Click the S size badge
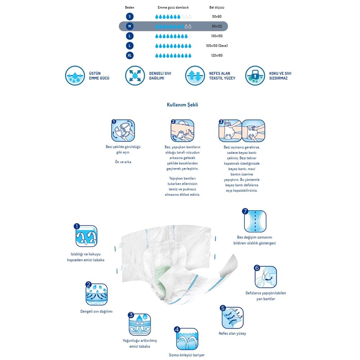(130, 17)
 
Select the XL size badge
(130, 55)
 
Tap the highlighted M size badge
(130, 26)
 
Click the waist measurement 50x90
(217, 17)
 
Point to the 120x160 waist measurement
(217, 55)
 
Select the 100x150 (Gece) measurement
(217, 46)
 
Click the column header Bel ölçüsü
(217, 7)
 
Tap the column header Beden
(130, 7)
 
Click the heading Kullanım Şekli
(182, 105)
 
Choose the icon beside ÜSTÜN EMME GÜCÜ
(75, 76)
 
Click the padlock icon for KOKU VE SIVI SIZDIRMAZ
(255, 76)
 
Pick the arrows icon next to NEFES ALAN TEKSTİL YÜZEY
(195, 76)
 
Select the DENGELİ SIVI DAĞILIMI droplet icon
(135, 76)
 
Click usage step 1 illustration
(123, 130)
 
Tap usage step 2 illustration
(182, 130)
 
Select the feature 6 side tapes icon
(265, 277)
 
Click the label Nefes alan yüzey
(232, 333)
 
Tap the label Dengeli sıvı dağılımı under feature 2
(96, 311)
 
